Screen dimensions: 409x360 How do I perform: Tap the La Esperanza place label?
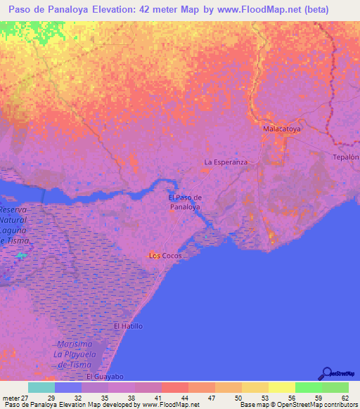tap(226, 162)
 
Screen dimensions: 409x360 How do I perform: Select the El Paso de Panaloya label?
tap(186, 202)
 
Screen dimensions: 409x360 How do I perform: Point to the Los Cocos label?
tap(166, 255)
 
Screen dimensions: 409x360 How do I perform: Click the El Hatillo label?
tap(129, 327)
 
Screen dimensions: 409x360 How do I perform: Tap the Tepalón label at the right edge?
tap(346, 157)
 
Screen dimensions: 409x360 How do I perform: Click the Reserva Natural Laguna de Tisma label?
tap(17, 225)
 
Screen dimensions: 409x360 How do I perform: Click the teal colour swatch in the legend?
tap(41, 387)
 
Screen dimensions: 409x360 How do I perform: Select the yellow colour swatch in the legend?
tap(282, 387)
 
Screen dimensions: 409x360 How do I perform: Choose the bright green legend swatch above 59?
tap(309, 387)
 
